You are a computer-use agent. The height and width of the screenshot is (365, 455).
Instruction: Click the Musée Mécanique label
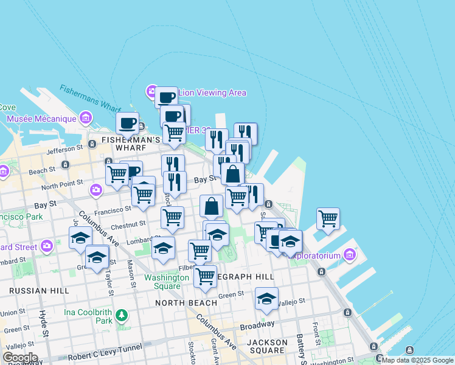pyautogui.click(x=41, y=118)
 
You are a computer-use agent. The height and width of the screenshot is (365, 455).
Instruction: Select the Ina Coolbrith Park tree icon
pyautogui.click(x=122, y=315)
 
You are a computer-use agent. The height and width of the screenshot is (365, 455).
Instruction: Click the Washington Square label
pyautogui.click(x=166, y=282)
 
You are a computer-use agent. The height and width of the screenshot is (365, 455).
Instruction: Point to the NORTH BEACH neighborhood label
pyautogui.click(x=186, y=302)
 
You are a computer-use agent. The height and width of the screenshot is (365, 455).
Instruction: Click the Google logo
pyautogui.click(x=19, y=358)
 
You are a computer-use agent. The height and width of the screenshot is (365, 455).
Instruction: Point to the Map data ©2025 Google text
pyautogui.click(x=417, y=360)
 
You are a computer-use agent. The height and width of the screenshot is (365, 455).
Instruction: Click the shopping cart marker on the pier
pyautogui.click(x=328, y=218)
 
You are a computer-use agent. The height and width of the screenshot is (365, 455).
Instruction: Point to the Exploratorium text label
pyautogui.click(x=316, y=256)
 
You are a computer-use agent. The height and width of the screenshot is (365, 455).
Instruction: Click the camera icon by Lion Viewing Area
pyautogui.click(x=151, y=92)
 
